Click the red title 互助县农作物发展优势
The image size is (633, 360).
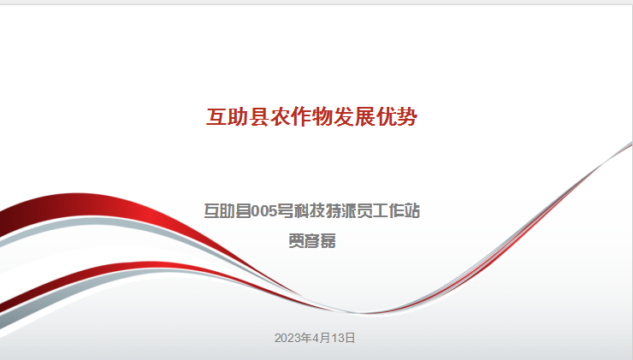coord(311,117)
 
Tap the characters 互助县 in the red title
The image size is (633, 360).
coord(238,117)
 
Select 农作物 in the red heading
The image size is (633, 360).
coord(301,117)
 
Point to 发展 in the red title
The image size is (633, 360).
coord(354,117)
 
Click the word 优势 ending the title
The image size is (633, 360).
coord(396,117)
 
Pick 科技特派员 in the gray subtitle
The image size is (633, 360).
coord(333,211)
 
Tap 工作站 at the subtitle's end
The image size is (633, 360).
coord(396,211)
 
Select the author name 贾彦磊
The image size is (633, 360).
coord(312,241)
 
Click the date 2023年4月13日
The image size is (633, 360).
coord(315,338)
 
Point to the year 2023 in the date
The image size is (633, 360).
coord(285,338)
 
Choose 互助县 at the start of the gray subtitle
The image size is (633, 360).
coord(228,211)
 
